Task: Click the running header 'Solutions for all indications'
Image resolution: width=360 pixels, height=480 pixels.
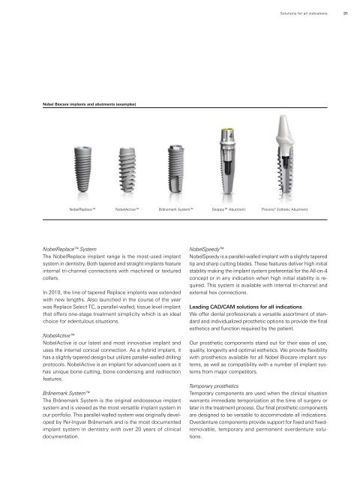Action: pyautogui.click(x=301, y=11)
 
